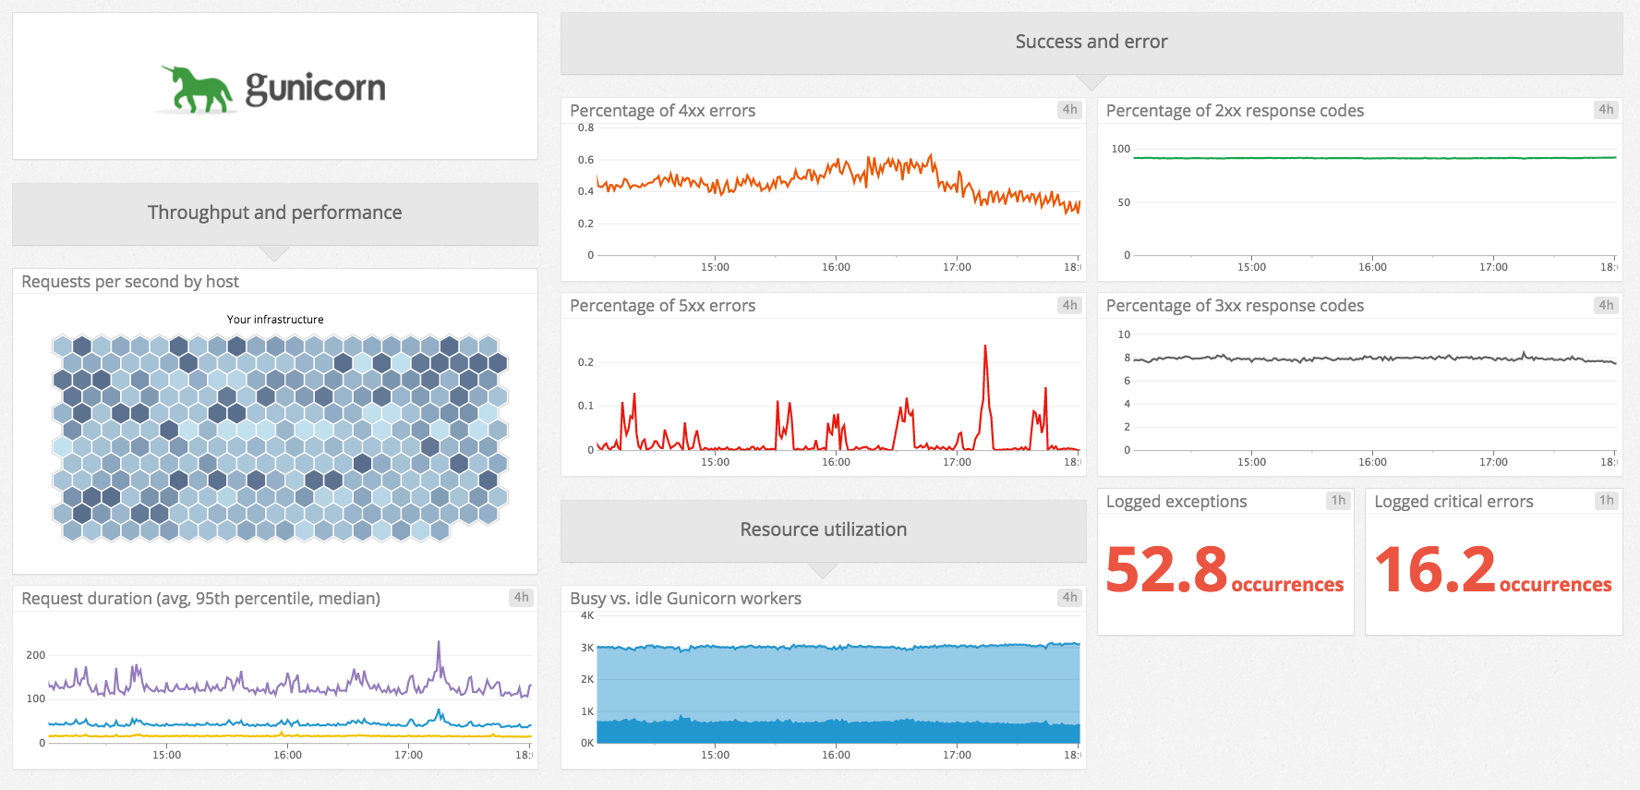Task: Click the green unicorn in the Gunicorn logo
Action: (x=197, y=91)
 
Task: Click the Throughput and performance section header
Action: (x=274, y=213)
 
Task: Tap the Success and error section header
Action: (x=1091, y=42)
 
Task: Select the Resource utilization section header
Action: (x=823, y=529)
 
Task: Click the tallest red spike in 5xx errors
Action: (x=985, y=347)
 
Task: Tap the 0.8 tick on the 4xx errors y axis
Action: (x=585, y=128)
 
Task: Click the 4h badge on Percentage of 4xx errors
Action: (x=1069, y=109)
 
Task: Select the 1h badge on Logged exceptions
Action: (x=1338, y=500)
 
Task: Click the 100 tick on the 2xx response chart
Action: (x=1120, y=149)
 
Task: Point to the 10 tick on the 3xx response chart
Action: (x=1124, y=334)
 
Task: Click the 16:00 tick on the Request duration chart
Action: (x=287, y=755)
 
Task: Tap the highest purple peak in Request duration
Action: (x=439, y=643)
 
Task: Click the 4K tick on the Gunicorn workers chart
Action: (x=587, y=615)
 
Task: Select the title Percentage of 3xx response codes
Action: (x=1234, y=306)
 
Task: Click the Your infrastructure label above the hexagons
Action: (x=275, y=320)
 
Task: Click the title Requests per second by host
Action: (x=130, y=282)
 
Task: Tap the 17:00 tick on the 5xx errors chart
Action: (x=957, y=462)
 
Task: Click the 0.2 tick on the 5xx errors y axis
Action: (x=585, y=362)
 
